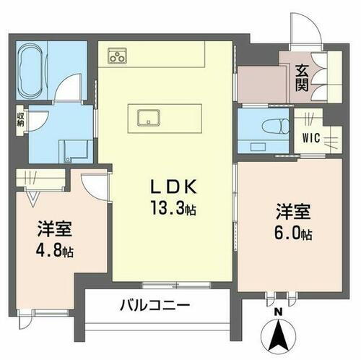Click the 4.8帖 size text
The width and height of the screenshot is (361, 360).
[x=56, y=252]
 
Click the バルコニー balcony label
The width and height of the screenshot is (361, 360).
[x=155, y=306]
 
